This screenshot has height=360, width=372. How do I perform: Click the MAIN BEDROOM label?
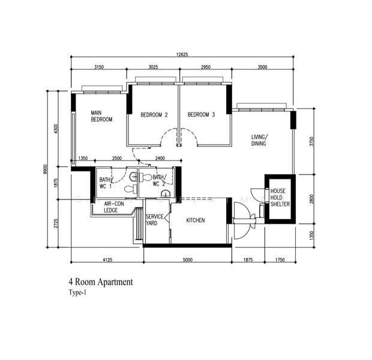click(101, 116)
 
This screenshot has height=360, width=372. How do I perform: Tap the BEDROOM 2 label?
click(154, 115)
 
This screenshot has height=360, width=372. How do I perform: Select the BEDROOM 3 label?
click(201, 115)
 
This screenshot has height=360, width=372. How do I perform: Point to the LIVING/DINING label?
click(259, 140)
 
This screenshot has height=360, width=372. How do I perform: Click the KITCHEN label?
click(196, 220)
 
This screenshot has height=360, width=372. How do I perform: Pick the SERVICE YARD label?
click(154, 220)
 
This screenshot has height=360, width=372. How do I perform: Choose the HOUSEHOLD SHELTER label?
click(280, 197)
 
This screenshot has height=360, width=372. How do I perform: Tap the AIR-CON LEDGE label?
click(113, 207)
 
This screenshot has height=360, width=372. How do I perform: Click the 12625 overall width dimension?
click(182, 55)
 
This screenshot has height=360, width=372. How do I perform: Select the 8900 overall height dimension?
click(46, 169)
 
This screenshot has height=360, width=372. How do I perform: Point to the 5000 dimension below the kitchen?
click(187, 260)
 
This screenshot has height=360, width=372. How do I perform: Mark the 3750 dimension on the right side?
click(312, 142)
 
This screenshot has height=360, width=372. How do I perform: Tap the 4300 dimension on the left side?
click(56, 128)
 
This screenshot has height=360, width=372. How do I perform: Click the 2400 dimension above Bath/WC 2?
click(160, 158)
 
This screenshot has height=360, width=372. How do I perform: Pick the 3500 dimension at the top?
click(262, 67)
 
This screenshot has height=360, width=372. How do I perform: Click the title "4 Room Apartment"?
click(101, 282)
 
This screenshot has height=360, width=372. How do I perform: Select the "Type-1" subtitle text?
click(77, 292)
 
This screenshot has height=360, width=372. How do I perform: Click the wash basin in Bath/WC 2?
click(166, 194)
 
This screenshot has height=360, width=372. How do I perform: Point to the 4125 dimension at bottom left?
click(107, 260)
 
